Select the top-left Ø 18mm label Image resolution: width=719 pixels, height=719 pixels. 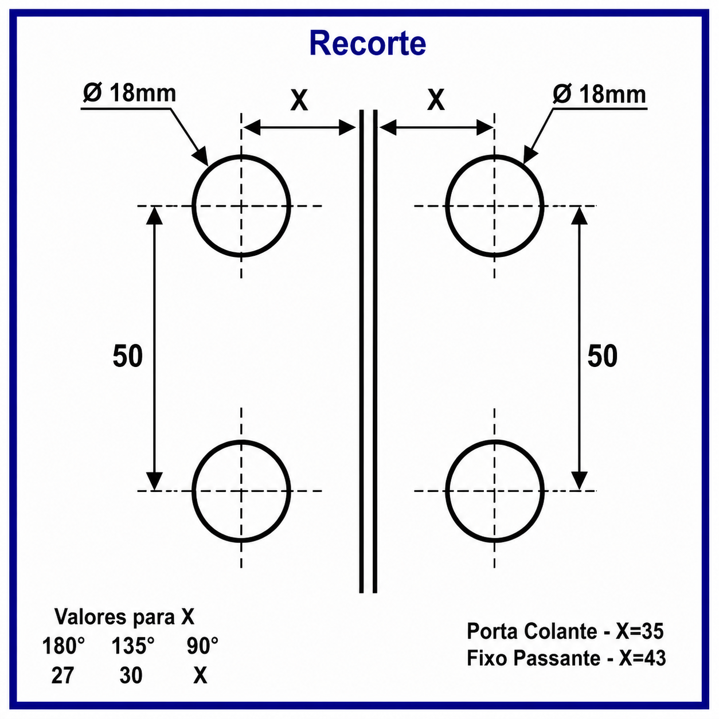129,93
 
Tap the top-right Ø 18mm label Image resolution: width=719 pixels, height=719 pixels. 599,94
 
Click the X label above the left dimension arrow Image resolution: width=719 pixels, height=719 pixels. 299,100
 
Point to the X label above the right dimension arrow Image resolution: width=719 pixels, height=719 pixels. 436,100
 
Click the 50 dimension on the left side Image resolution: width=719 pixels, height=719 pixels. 128,356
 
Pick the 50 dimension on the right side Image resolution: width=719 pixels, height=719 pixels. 602,356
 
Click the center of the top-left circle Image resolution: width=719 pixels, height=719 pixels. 241,206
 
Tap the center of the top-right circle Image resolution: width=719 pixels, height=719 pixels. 495,206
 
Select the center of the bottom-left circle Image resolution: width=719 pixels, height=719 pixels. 241,491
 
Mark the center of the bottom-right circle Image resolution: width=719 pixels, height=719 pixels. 495,491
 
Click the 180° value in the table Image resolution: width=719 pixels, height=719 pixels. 64,646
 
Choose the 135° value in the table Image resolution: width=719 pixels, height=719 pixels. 133,646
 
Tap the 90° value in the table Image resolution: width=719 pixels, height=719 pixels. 202,646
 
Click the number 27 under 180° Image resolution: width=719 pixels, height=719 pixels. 62,675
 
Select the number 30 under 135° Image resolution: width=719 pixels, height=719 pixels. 131,675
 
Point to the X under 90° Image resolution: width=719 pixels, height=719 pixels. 200,675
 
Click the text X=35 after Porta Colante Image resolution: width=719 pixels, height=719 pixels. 639,631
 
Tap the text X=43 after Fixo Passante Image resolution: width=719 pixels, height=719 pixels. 642,658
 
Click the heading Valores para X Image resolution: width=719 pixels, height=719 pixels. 124,616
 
